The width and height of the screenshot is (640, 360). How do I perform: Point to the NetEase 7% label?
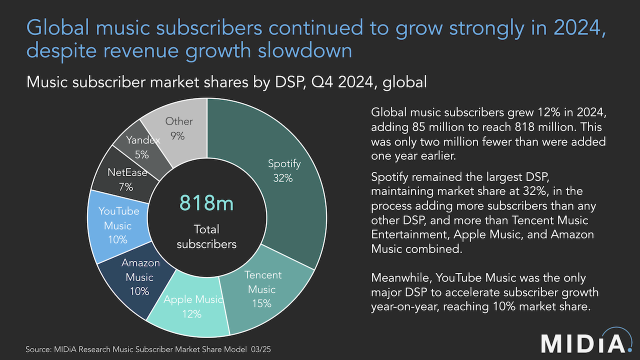(x=127, y=180)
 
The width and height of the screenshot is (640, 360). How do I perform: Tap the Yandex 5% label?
(x=142, y=147)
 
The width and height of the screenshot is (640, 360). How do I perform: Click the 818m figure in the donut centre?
(x=206, y=203)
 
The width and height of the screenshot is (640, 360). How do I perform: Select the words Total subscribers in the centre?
(x=206, y=236)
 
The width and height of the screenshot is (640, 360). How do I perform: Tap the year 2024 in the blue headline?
(x=579, y=28)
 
